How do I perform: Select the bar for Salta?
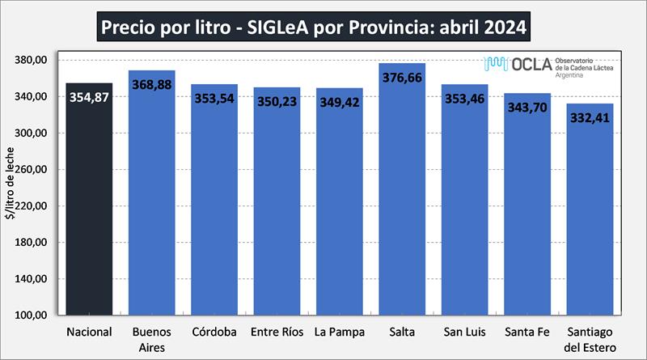click(402, 202)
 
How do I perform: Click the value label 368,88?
click(152, 83)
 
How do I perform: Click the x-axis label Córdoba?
click(214, 332)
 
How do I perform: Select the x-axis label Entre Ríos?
click(277, 332)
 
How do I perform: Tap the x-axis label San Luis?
click(464, 332)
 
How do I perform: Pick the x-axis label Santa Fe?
click(526, 332)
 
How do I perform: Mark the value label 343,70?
click(526, 107)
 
